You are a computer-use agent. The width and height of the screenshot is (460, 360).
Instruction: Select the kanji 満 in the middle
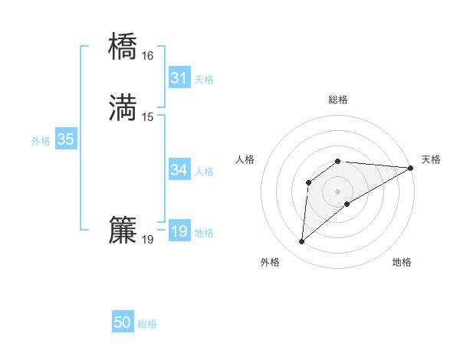pos(123,108)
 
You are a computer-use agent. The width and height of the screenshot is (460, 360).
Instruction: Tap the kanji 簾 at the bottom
pos(123,231)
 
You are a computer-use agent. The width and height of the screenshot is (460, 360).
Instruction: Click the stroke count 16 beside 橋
pos(147,56)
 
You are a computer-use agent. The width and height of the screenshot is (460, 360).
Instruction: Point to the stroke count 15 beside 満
pos(147,117)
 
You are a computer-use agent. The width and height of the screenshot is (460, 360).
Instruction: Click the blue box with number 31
pos(179,77)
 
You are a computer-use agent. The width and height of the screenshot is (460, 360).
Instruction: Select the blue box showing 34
pos(179,170)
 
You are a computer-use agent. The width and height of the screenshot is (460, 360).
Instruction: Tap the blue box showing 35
pos(65,139)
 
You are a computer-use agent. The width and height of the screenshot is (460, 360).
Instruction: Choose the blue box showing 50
pos(123,322)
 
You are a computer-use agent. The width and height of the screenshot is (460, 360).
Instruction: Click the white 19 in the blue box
pos(179,231)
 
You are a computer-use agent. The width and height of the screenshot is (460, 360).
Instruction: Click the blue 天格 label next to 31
pos(204,80)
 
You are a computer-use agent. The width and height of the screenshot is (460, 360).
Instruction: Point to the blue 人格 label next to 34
pos(204,172)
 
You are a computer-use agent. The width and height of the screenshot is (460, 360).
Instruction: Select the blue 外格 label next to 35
pos(41,141)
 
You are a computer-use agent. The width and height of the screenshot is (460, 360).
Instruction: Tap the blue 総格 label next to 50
pos(147,324)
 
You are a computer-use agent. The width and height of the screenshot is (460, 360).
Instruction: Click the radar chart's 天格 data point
pos(411,168)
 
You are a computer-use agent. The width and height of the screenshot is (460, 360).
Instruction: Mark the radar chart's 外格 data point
pos(301,243)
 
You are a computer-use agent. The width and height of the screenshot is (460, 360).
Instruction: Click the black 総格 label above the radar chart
pos(338,100)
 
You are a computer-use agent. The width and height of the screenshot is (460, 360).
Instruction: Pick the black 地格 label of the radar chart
pos(402,263)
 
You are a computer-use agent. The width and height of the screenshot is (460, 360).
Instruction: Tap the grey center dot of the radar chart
pos(338,191)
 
